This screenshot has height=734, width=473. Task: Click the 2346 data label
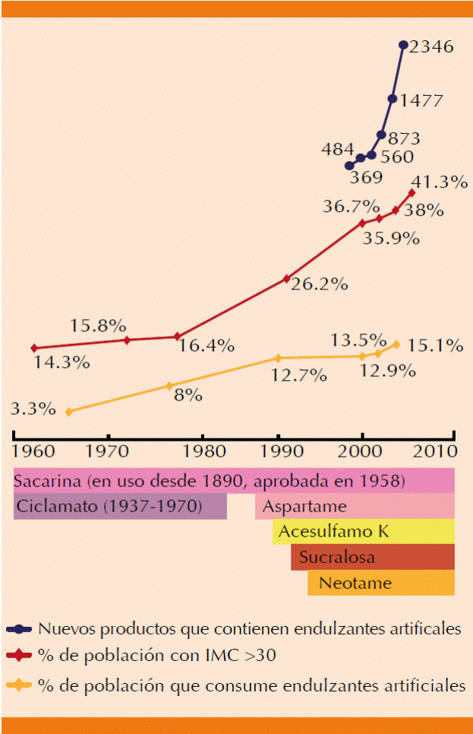431,47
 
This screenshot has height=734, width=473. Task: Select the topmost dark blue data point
403,45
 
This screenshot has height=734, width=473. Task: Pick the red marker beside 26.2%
287,279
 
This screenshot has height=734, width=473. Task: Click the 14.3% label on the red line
62,362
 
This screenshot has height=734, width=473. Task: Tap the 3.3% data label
33,409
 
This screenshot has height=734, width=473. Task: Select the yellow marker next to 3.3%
69,412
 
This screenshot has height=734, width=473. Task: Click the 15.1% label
435,346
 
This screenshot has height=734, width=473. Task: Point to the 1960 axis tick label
33,450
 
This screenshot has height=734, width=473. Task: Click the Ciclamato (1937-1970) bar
120,506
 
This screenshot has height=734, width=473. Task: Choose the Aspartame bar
355,506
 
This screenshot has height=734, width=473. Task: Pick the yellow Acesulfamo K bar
364,532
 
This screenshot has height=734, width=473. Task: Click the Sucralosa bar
372,558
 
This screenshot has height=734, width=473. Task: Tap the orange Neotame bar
380,584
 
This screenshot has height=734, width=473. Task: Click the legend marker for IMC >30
18,654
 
